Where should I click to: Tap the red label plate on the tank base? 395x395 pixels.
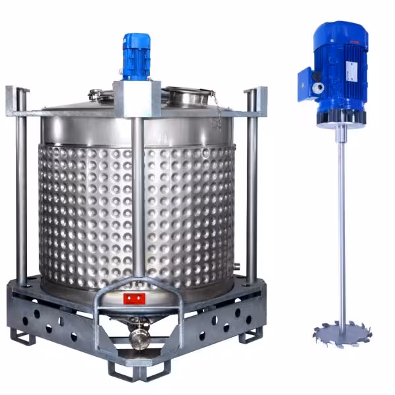(134, 300)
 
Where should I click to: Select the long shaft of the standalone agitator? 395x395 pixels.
(341, 224)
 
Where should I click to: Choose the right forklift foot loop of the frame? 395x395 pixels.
(250, 335)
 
